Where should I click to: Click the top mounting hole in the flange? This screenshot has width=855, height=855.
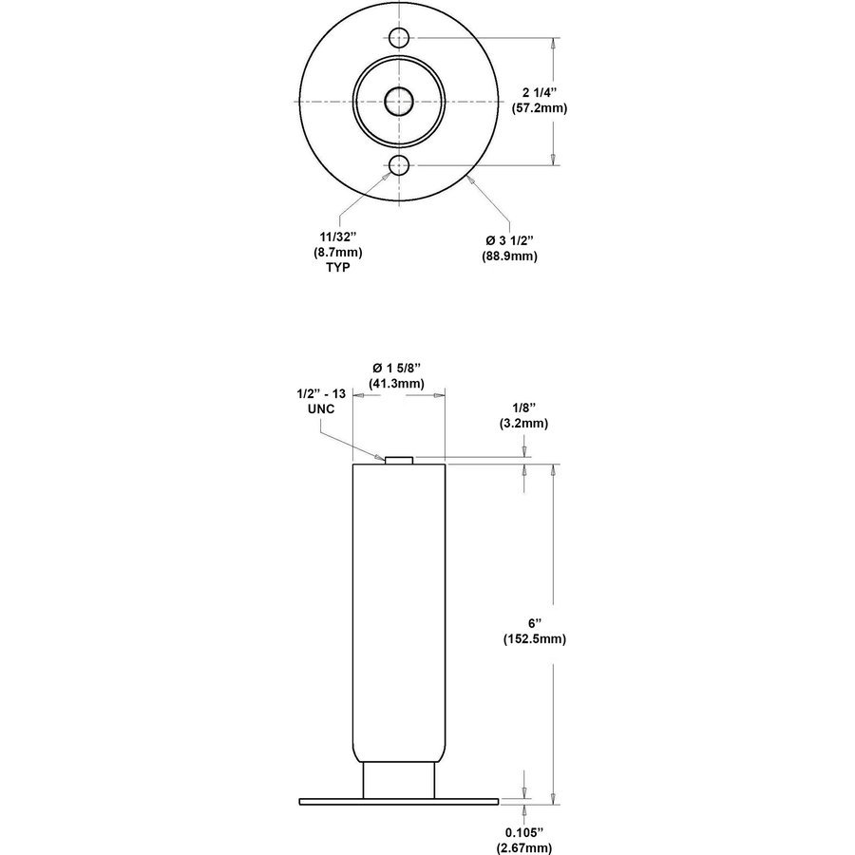tap(399, 38)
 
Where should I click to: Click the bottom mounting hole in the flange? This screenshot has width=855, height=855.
tap(399, 166)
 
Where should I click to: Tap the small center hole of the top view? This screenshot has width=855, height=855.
tap(399, 102)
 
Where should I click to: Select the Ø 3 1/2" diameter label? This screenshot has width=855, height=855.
tap(512, 238)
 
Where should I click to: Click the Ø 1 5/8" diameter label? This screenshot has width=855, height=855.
tap(398, 368)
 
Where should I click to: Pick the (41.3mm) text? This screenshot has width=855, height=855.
tap(398, 384)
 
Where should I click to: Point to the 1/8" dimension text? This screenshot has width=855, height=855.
tap(524, 408)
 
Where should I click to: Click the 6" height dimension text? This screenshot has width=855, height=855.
tap(534, 623)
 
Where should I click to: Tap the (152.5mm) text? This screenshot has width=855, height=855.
tap(534, 639)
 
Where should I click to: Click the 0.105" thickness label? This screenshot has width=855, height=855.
tap(524, 832)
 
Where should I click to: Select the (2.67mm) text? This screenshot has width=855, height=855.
tap(524, 847)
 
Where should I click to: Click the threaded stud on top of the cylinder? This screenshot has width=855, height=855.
tap(399, 460)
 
